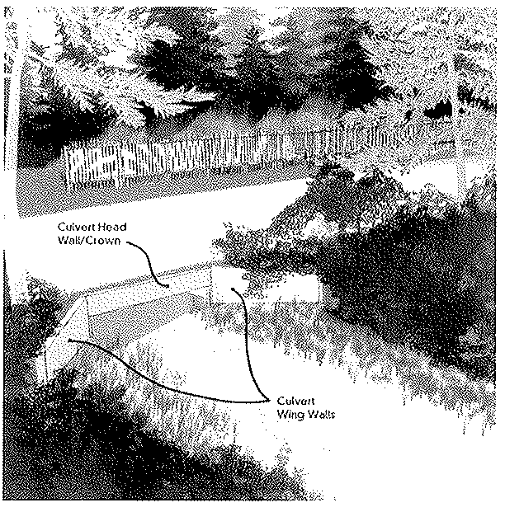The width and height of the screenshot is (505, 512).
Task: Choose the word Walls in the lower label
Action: click(x=322, y=415)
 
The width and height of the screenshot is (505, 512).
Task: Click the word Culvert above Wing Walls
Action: click(x=295, y=401)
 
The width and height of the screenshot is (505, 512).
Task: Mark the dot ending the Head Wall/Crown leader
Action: click(x=168, y=286)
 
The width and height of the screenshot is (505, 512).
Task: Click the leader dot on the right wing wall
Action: click(x=233, y=289)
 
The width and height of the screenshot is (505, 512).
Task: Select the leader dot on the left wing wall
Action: click(x=69, y=341)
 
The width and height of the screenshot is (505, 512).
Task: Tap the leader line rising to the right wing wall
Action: click(x=248, y=343)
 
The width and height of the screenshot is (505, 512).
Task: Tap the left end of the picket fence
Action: click(x=65, y=167)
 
